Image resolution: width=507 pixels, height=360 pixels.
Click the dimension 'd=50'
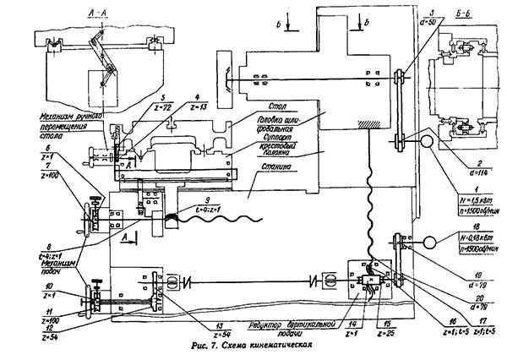coord(413,19)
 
